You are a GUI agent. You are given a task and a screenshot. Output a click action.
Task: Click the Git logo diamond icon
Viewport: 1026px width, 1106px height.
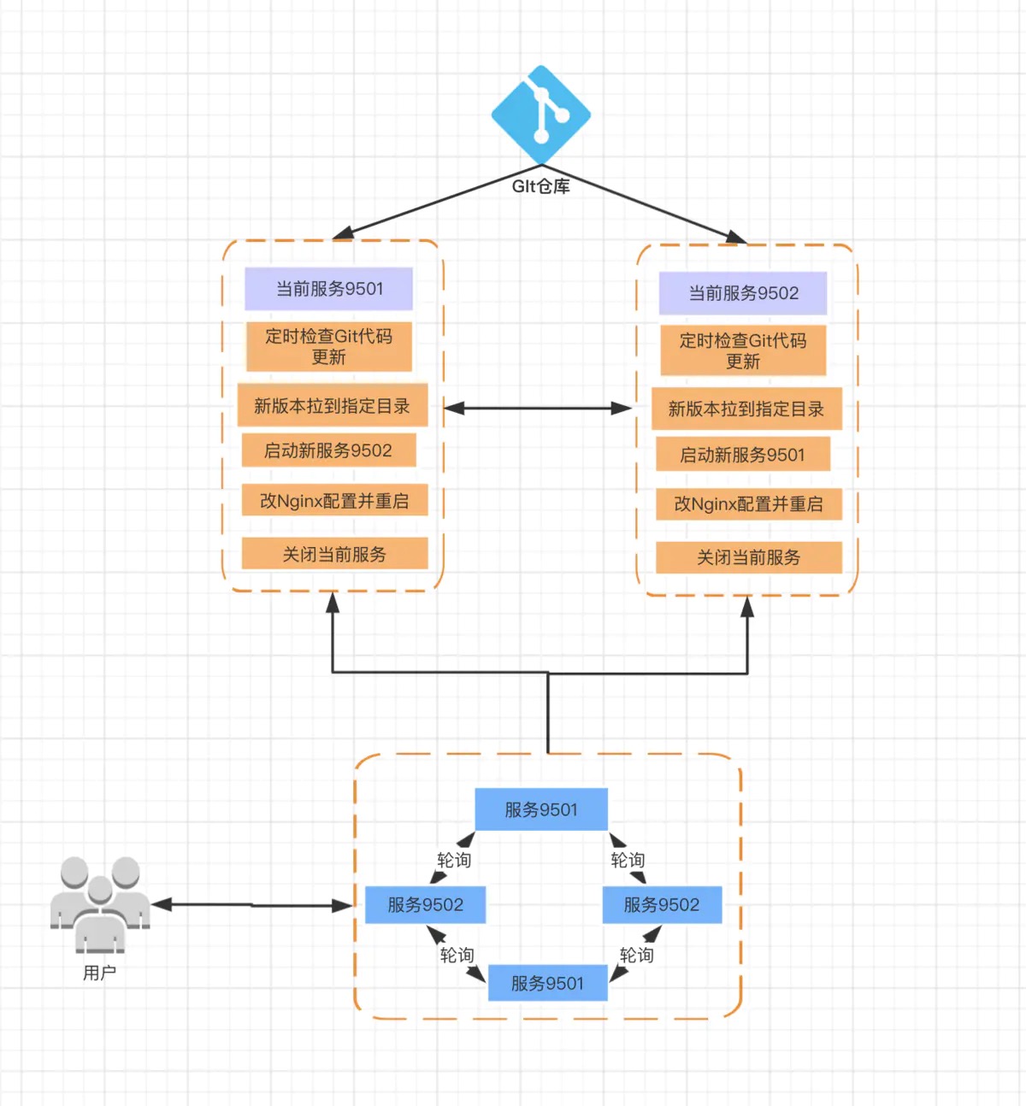(540, 115)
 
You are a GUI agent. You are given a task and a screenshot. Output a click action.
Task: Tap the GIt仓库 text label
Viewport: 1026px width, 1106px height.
(540, 186)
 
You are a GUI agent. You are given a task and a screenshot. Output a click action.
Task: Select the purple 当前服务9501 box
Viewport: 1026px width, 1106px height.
(329, 289)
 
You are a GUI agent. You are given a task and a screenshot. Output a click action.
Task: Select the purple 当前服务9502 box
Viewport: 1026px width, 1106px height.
(743, 293)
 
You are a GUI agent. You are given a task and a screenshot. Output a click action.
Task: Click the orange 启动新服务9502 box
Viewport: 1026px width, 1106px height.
(328, 450)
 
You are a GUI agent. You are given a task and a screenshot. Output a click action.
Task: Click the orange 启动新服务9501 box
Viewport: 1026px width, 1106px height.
(743, 455)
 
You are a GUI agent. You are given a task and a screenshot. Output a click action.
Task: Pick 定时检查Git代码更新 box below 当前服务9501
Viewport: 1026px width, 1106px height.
(329, 346)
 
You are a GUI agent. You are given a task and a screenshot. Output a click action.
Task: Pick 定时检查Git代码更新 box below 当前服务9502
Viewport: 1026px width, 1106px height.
(743, 350)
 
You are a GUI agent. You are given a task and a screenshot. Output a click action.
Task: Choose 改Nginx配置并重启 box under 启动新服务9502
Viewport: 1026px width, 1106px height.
(334, 501)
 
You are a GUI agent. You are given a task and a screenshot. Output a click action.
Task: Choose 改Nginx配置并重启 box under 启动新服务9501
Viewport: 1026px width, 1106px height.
(748, 504)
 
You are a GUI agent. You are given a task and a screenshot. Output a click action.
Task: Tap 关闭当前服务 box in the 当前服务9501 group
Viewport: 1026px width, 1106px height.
(334, 554)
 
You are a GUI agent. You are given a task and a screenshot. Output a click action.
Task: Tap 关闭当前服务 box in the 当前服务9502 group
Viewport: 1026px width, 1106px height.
(748, 557)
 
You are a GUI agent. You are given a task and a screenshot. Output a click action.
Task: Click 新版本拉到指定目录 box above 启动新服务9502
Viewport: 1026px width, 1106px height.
(332, 406)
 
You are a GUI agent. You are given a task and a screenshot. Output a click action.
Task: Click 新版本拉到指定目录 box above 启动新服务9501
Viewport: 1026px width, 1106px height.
(746, 409)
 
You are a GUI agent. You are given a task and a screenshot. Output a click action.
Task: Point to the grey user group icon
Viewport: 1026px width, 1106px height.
(100, 904)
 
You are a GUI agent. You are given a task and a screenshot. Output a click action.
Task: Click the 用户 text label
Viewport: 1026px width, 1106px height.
(99, 973)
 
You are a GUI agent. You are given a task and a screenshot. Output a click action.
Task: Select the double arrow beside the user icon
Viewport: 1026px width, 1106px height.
(251, 904)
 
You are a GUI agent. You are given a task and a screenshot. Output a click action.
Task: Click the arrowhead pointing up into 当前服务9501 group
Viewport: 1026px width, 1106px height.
(333, 602)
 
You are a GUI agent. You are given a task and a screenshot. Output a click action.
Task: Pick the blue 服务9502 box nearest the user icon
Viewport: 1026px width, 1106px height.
(425, 904)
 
